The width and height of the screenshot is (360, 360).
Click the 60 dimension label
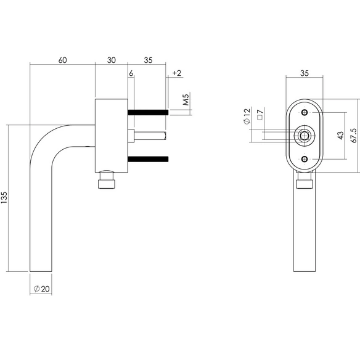62,60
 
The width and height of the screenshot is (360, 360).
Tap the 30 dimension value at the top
112,60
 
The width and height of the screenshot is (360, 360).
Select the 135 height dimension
4,198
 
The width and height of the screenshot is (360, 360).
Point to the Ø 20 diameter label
41,288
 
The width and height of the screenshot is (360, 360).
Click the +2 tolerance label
177,73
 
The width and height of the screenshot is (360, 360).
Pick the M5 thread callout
186,99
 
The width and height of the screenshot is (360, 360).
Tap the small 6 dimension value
131,73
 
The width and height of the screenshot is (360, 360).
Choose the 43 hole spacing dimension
341,136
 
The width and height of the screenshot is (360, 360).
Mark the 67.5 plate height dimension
354,136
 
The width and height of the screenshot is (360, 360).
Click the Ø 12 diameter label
247,117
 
